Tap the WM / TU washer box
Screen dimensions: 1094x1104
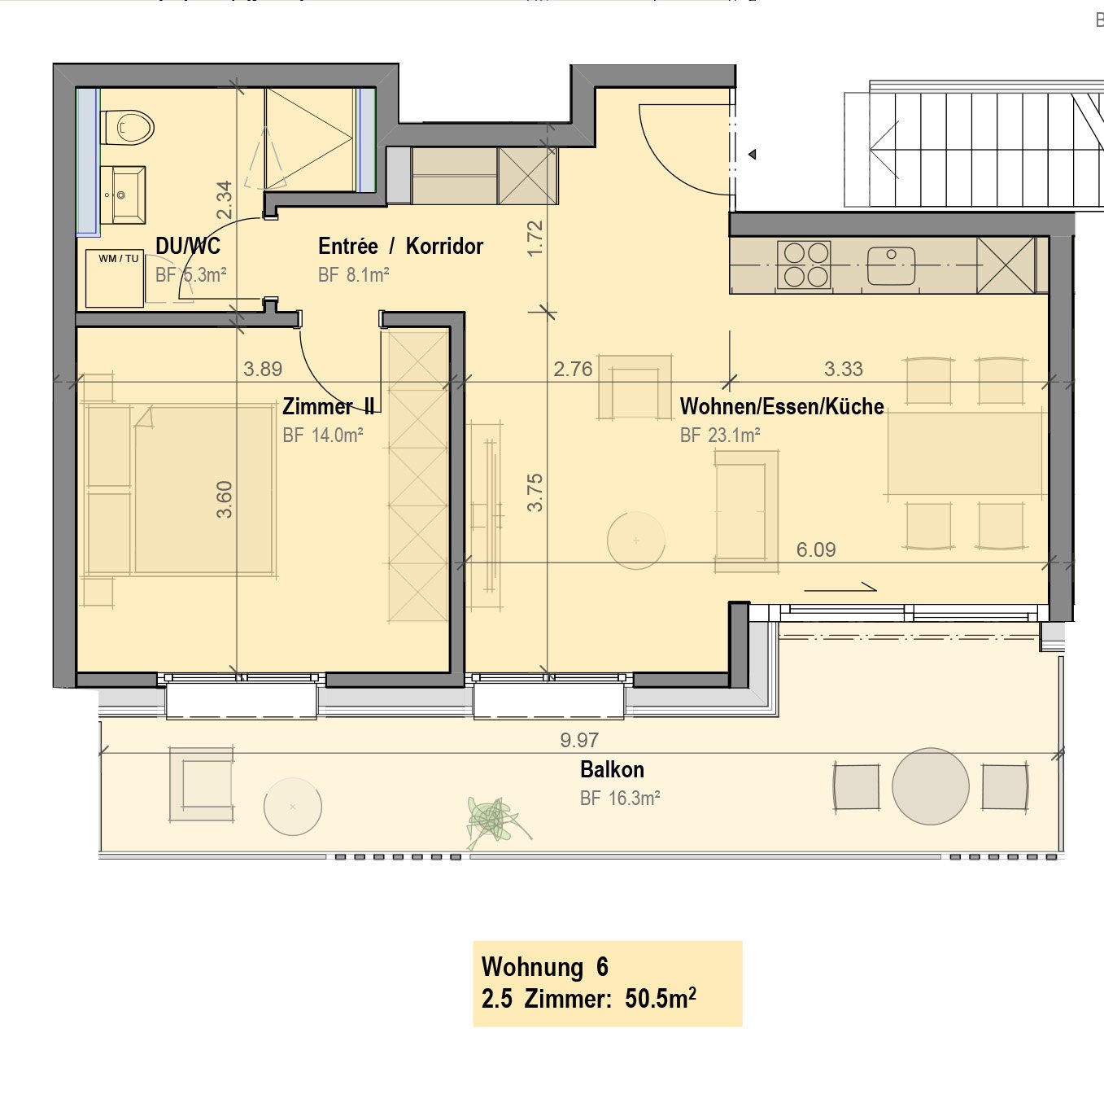tap(115, 278)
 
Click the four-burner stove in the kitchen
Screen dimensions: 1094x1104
tap(804, 265)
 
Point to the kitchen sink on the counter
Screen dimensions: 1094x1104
tap(891, 265)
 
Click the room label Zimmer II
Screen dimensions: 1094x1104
tap(329, 406)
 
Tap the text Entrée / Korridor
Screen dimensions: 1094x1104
tap(400, 246)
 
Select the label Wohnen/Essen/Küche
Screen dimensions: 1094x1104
tap(781, 406)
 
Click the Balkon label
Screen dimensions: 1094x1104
tap(612, 769)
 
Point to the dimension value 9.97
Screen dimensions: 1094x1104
tap(579, 740)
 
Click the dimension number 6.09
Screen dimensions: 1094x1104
tap(816, 549)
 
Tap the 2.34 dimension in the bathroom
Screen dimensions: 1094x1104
tap(225, 199)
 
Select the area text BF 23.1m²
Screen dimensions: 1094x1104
tap(720, 435)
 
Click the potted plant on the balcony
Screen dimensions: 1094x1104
tap(493, 820)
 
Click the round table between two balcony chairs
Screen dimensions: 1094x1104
tap(930, 786)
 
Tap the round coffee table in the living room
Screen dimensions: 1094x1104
tap(636, 540)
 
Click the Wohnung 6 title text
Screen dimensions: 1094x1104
tap(544, 967)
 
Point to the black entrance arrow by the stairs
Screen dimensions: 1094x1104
tap(753, 154)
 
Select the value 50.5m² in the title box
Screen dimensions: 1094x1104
tap(660, 998)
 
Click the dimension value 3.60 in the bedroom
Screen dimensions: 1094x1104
tap(225, 499)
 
